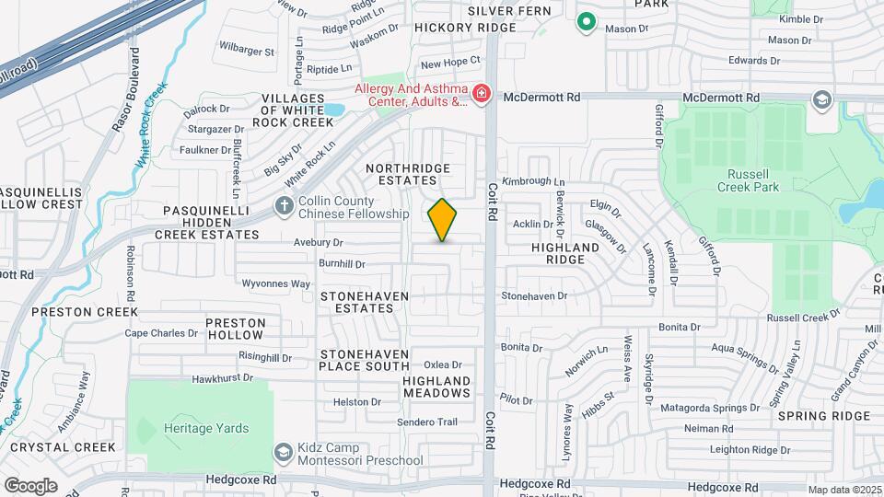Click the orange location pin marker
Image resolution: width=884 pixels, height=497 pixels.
[443, 220]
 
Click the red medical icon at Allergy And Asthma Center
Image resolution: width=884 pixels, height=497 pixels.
[480, 94]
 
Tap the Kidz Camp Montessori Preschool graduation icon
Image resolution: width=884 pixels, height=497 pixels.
[284, 452]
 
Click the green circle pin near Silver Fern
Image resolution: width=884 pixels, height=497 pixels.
[585, 22]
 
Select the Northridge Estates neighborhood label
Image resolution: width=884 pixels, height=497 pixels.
[408, 175]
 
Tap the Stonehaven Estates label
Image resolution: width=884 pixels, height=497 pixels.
[363, 303]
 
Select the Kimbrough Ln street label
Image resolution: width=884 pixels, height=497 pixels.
[531, 182]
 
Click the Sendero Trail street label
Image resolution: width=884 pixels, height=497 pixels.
[427, 422]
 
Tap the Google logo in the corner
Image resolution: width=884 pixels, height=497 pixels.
[30, 485]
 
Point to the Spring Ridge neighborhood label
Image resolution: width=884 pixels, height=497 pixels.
[823, 416]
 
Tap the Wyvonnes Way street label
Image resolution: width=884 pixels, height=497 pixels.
[275, 283]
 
